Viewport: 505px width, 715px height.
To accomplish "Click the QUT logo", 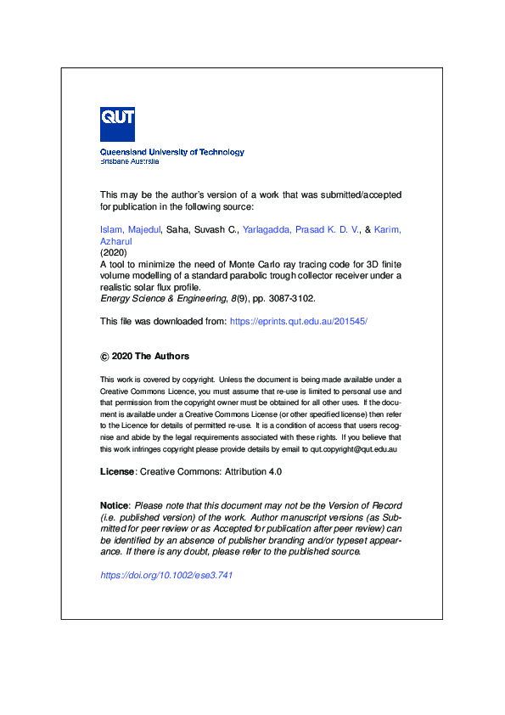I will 117,124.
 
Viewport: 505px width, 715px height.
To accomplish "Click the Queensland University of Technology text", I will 171,152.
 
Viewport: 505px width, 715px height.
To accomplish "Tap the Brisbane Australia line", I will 129,160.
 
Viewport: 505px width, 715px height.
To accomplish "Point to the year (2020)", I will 113,252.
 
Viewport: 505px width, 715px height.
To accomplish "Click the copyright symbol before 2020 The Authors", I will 104,357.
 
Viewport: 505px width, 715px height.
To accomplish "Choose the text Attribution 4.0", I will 254,470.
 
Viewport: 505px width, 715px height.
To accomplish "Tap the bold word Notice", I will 115,506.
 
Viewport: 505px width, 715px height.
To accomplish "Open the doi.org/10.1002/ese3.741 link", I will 166,575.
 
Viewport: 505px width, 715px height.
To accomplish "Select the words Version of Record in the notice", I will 363,506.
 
